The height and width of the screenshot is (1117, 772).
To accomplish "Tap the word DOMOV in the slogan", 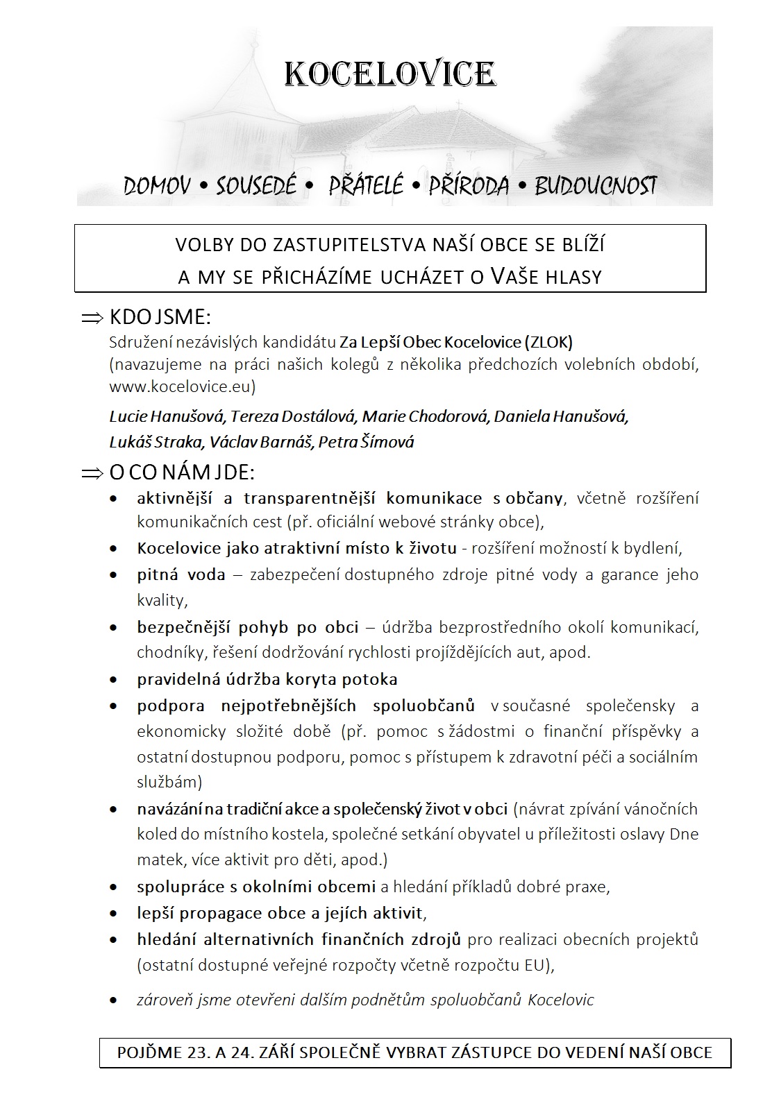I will pos(157,186).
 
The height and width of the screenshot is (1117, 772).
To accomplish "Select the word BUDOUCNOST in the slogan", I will pos(595,186).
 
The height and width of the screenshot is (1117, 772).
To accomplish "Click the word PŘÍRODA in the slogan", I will pos(469,186).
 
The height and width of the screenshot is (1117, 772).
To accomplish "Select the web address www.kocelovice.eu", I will pos(183,386).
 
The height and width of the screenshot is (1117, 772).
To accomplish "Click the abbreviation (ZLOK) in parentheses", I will pos(549,342).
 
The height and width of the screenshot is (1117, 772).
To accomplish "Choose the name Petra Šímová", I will pos(366,442).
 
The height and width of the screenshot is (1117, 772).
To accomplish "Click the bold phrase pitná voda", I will pos(181,574).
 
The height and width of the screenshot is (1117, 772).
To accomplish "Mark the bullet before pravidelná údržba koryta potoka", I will pos(114,680).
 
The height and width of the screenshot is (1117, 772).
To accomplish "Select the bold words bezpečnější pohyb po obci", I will pos(247,627).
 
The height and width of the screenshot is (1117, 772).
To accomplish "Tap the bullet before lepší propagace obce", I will pos(114,914).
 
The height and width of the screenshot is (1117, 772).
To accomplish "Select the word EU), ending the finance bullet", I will pos(537,965).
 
